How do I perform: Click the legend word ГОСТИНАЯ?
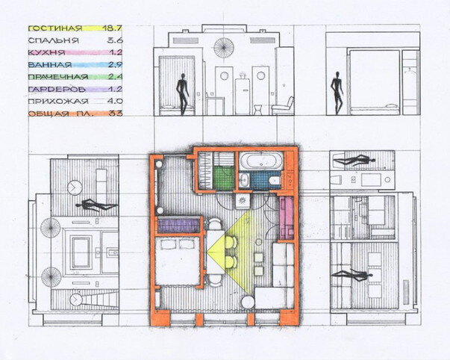point(55,28)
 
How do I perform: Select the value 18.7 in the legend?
point(112,28)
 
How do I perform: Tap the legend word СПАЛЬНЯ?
point(54,40)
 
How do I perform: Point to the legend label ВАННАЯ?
point(50,65)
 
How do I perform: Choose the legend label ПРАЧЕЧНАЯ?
point(58,77)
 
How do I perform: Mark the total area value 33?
point(116,114)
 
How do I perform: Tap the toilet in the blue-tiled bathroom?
point(275,181)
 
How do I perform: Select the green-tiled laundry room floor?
point(224,178)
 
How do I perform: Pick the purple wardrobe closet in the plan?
point(178,225)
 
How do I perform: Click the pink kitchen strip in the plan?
point(286,217)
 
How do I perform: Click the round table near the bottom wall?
point(247,302)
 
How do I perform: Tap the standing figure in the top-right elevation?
point(337,93)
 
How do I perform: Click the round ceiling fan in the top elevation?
point(224,47)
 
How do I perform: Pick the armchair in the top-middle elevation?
point(283,106)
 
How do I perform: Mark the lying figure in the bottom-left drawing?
point(97,205)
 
